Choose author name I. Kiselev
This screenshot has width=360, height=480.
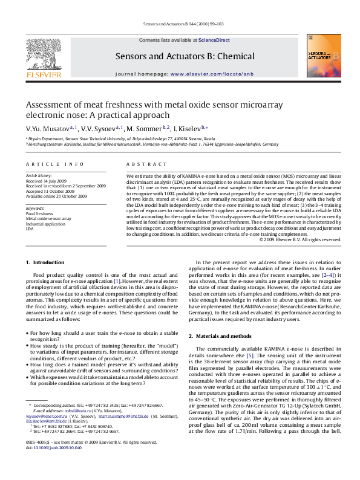click(189, 128)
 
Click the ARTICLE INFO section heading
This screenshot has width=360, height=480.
click(46, 164)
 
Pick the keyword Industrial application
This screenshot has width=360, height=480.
click(45, 224)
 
